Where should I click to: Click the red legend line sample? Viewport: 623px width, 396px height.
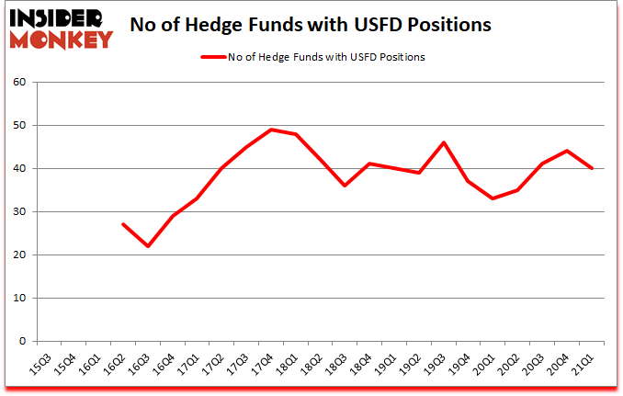tap(214, 57)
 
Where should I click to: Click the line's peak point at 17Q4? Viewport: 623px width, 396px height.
tap(271, 130)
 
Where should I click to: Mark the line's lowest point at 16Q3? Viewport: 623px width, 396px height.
tap(147, 246)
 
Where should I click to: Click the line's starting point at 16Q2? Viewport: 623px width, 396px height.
tap(122, 224)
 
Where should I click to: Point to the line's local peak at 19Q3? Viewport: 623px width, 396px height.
tap(445, 142)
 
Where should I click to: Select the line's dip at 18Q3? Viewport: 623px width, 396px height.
tap(345, 186)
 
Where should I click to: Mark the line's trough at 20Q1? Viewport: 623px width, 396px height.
tap(494, 198)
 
